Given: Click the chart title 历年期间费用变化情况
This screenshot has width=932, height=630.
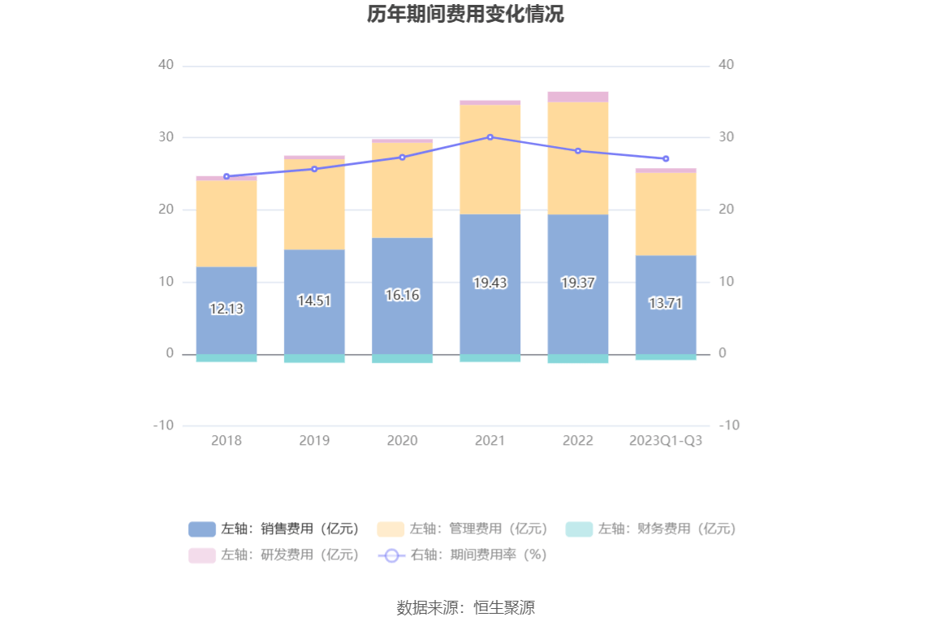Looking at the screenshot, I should click(465, 15).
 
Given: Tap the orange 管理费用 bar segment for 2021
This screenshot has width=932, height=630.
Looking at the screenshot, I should click(490, 159).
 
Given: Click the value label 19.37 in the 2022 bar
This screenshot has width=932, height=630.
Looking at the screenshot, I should click(578, 283).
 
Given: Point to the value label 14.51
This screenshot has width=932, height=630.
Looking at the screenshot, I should click(314, 300).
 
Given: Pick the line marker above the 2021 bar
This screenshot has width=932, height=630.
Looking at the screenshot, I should click(490, 137).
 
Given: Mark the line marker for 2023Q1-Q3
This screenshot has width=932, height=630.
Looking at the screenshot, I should click(666, 158).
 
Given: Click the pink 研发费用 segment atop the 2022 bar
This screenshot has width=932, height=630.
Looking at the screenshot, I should click(578, 97).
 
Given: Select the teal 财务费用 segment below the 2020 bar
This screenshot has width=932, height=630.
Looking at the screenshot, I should click(402, 358).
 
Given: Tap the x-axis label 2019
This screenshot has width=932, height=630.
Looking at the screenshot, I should click(314, 441).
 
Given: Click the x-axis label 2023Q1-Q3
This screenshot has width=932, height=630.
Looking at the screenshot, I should click(666, 441).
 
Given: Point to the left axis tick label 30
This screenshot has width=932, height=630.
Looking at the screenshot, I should click(166, 137).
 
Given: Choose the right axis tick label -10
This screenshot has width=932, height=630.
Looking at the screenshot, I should click(729, 425).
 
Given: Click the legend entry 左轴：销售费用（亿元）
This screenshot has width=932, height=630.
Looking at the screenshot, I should click(274, 529).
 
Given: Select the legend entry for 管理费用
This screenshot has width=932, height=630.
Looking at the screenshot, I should click(463, 529).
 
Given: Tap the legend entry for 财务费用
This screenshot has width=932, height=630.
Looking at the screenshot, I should click(651, 529).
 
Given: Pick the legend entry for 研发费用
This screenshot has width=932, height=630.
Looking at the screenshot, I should click(274, 555).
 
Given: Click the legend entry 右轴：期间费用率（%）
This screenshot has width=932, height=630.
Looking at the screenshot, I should click(463, 555).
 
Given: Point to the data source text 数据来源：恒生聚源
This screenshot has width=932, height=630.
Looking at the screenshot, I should click(465, 607).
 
